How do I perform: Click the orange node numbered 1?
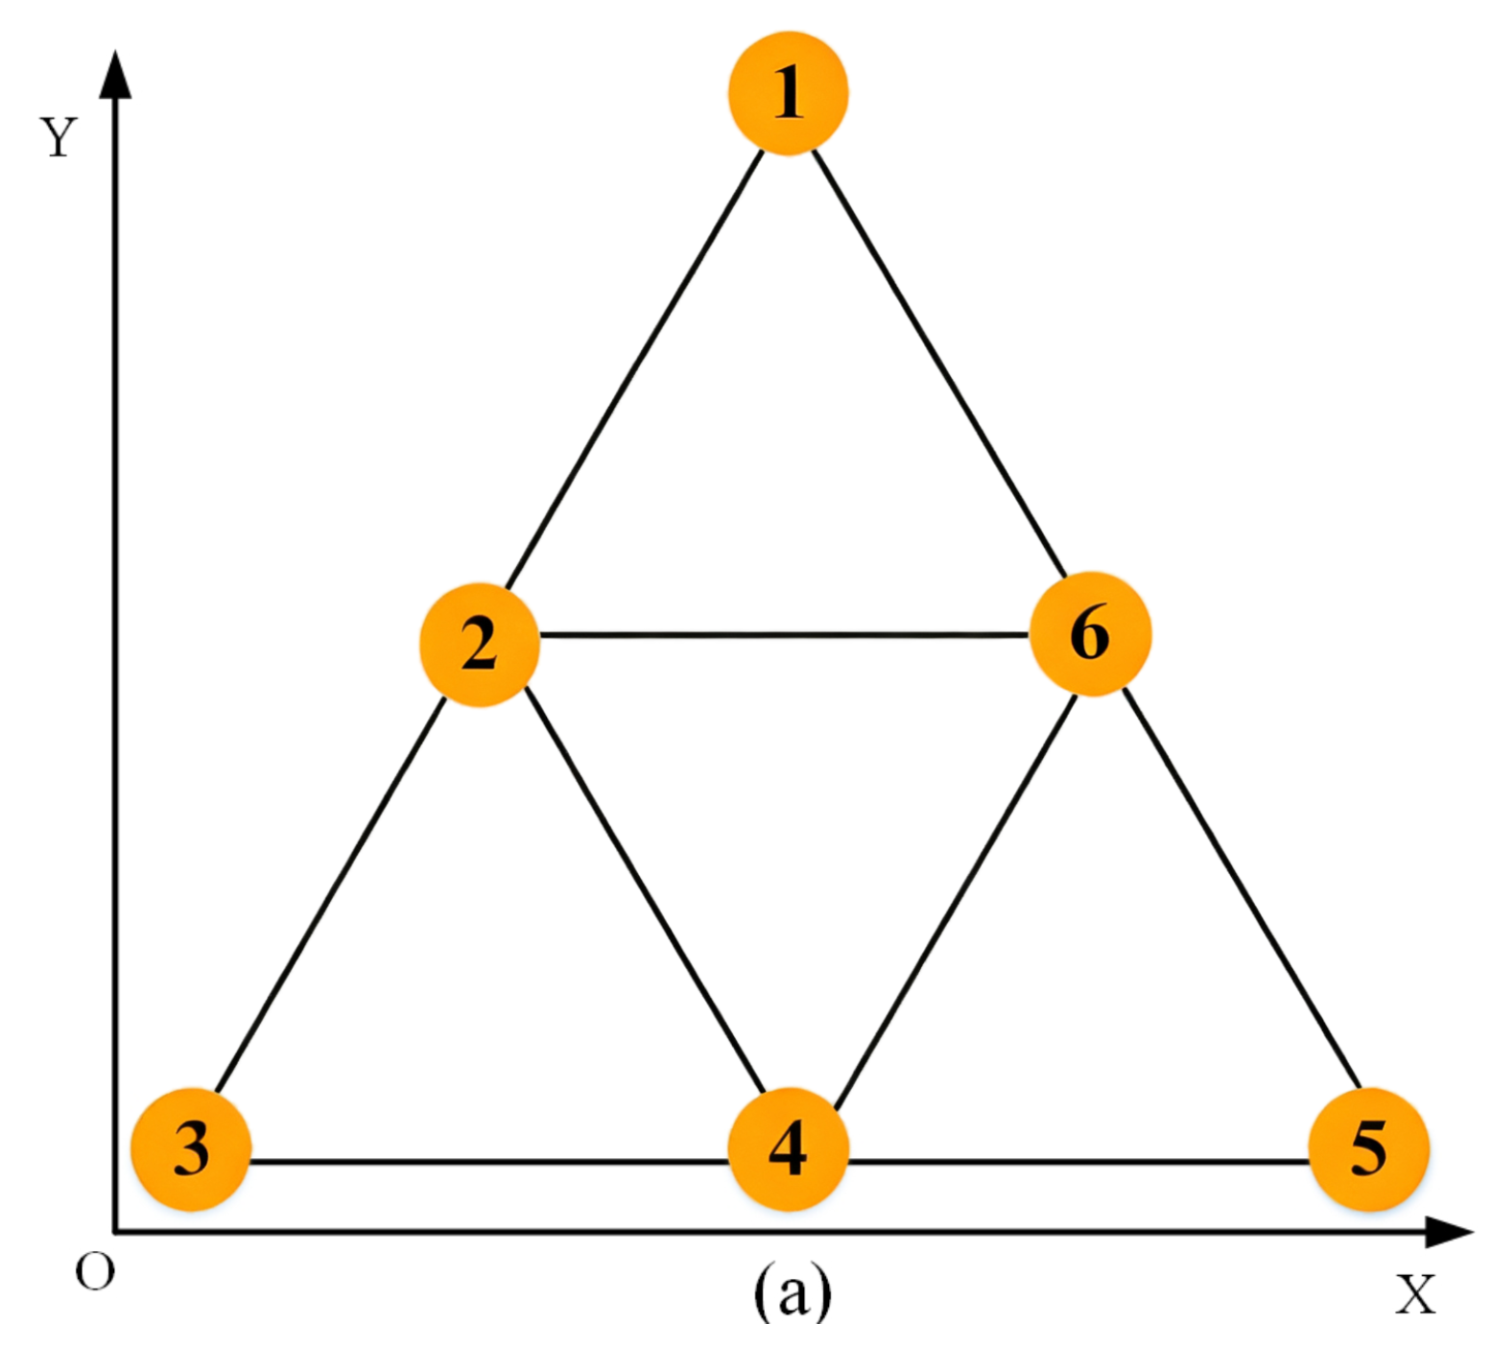coord(788,93)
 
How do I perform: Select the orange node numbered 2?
coord(479,645)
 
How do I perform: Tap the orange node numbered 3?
coord(191,1148)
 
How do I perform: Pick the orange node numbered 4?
coord(788,1148)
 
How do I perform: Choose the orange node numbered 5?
coord(1368,1148)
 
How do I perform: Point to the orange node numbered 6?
coord(1090,634)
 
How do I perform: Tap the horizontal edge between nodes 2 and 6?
coord(785,635)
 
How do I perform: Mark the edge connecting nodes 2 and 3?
coord(331,894)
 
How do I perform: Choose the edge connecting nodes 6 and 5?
coord(1242,887)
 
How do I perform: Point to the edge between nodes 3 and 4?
coord(489,1162)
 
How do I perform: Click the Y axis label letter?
coord(58,137)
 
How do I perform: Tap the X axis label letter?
coord(1414,1294)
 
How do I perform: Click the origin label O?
coord(94,1273)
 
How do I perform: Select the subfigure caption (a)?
coord(792,1290)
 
